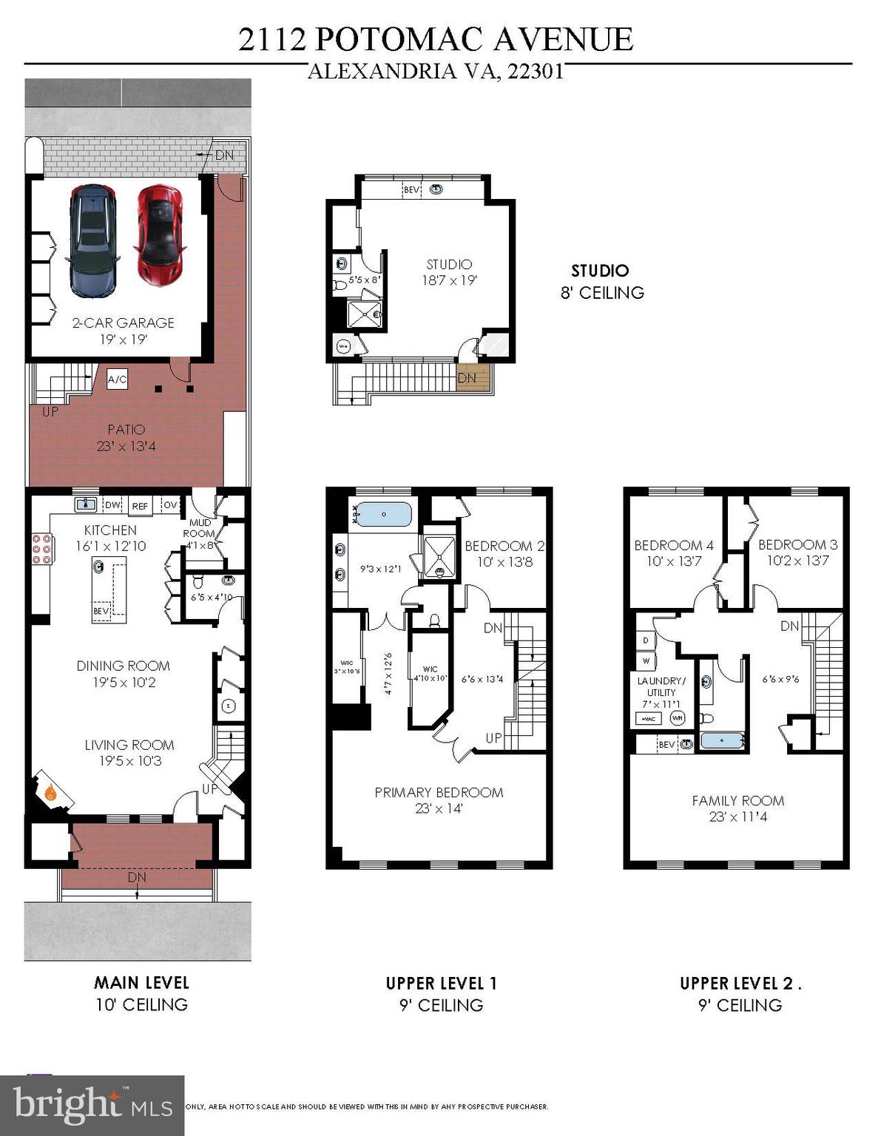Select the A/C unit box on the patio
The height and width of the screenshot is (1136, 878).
[x=117, y=379]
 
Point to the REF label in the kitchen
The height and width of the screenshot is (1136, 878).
[x=140, y=506]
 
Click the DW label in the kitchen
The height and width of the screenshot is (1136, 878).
[x=112, y=505]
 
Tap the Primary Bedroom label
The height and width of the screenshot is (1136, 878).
[x=439, y=792]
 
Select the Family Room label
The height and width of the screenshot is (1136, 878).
[x=737, y=800]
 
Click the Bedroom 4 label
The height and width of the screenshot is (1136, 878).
[x=674, y=545]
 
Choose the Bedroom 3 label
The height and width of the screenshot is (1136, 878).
[x=797, y=545]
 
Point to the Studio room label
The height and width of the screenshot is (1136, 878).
[x=449, y=264]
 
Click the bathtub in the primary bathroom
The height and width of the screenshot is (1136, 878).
[x=383, y=513]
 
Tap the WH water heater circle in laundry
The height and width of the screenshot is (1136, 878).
[x=677, y=717]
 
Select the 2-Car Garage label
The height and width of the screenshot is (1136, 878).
[x=123, y=322]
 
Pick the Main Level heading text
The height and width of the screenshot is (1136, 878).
[x=141, y=983]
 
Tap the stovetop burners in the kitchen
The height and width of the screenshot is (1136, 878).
[x=41, y=550]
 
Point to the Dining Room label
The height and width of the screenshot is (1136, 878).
[x=123, y=666]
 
